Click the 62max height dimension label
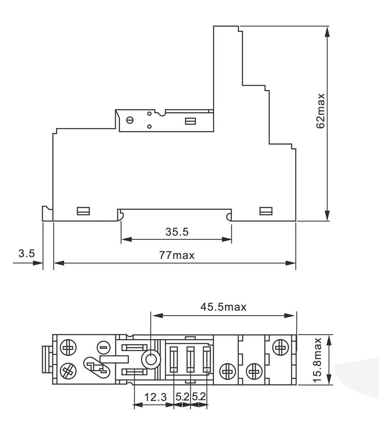pos(320,111)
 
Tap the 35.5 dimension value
pos(177,232)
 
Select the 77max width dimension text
pos(177,255)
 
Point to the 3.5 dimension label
pos(27,253)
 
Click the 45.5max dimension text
pos(223,307)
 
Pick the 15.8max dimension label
pos(318,360)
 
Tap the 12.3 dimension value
pos(155,397)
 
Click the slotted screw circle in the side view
pos(130,120)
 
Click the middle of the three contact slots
pos(190,360)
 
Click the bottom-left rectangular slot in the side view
pos(83,211)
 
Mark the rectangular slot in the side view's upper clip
pos(190,121)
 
